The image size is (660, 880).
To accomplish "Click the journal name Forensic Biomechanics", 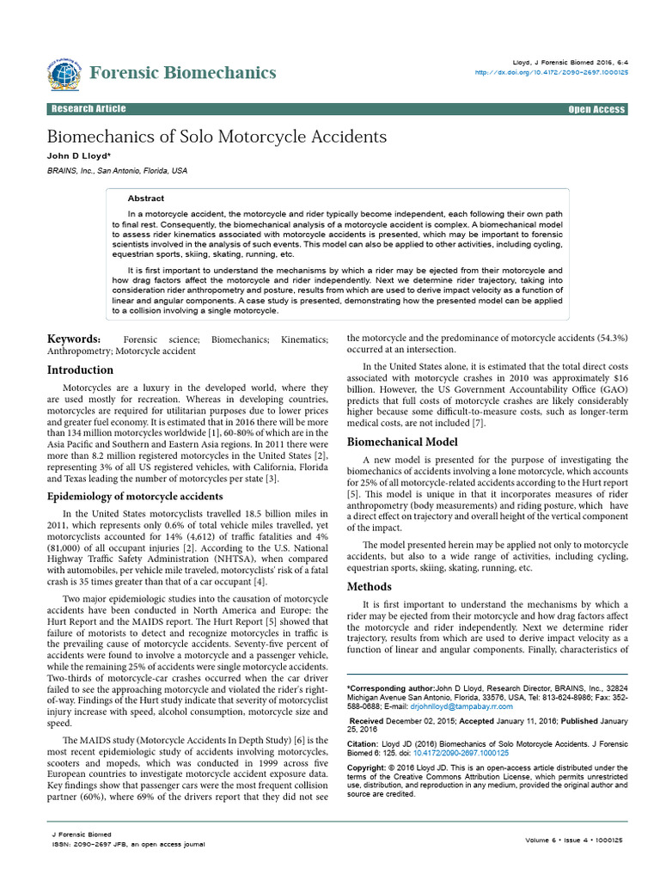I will [x=182, y=72].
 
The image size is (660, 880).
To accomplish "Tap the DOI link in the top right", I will [x=552, y=73].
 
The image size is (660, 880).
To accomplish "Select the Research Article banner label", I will [x=89, y=109].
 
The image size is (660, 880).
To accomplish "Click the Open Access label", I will [x=596, y=110].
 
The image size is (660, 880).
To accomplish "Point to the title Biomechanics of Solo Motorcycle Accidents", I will [x=217, y=137].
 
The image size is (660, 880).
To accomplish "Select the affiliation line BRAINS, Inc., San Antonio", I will [x=117, y=171].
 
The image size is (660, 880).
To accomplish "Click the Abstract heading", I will [x=145, y=199].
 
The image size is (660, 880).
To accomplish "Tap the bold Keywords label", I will [x=75, y=340].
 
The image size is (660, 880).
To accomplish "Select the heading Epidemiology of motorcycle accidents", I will [x=135, y=497].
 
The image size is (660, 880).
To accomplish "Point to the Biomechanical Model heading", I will [x=401, y=442].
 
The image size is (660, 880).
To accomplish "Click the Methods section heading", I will [x=369, y=587].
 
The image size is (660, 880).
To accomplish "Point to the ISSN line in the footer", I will [x=129, y=844].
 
